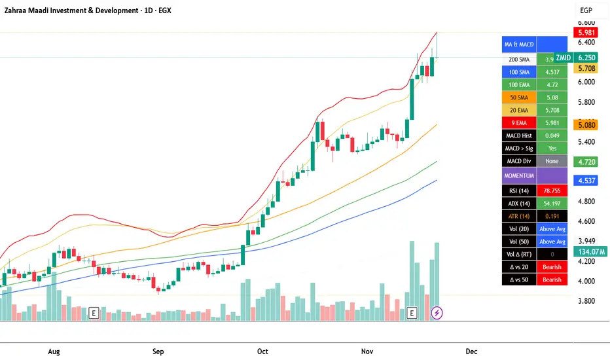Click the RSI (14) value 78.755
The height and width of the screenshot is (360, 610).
point(552,190)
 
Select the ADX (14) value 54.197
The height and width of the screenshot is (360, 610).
point(552,204)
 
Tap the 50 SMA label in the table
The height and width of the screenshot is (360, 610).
point(518,98)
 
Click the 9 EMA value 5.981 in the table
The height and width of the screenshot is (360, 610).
point(552,122)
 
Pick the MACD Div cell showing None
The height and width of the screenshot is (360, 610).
point(552,161)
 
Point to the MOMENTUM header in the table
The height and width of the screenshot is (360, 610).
point(518,175)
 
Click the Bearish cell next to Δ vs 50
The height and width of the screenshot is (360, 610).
point(552,279)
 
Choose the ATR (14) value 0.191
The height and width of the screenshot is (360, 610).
point(552,216)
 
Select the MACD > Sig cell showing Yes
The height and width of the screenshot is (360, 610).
point(552,148)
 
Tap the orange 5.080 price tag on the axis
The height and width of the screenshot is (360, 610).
point(585,124)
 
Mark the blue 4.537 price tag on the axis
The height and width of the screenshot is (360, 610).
point(585,180)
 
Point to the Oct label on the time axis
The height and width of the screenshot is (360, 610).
point(262,351)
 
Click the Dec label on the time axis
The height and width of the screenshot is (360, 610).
point(471,351)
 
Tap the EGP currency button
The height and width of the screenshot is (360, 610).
point(586,10)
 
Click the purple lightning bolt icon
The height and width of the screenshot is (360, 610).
point(437,313)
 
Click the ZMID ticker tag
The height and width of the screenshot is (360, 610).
point(562,58)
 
